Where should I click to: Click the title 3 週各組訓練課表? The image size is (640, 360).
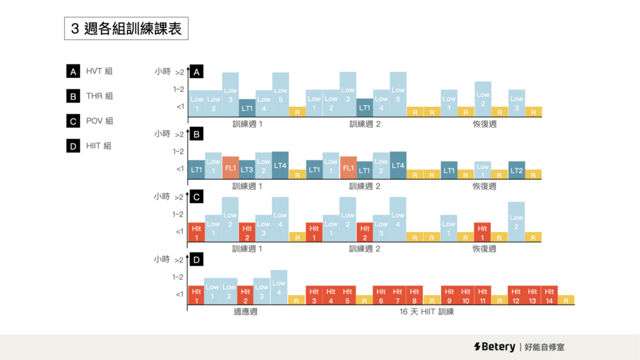126,29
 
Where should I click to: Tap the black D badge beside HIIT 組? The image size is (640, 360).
72,146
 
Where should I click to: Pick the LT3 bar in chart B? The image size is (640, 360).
247,169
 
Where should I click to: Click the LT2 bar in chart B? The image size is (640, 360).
516,170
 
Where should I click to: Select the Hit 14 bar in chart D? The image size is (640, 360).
549,296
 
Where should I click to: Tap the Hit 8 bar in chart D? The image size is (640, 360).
414,296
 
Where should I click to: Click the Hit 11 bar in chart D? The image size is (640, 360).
482,296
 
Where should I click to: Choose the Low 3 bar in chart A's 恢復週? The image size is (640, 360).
516,103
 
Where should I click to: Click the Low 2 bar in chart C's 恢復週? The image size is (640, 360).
516,222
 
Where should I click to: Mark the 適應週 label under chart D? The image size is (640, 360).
246,311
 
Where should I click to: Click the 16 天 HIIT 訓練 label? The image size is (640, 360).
427,311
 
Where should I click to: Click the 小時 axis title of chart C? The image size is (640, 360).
162,196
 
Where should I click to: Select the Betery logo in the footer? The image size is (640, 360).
494,347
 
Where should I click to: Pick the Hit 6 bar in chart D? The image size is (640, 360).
380,296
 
